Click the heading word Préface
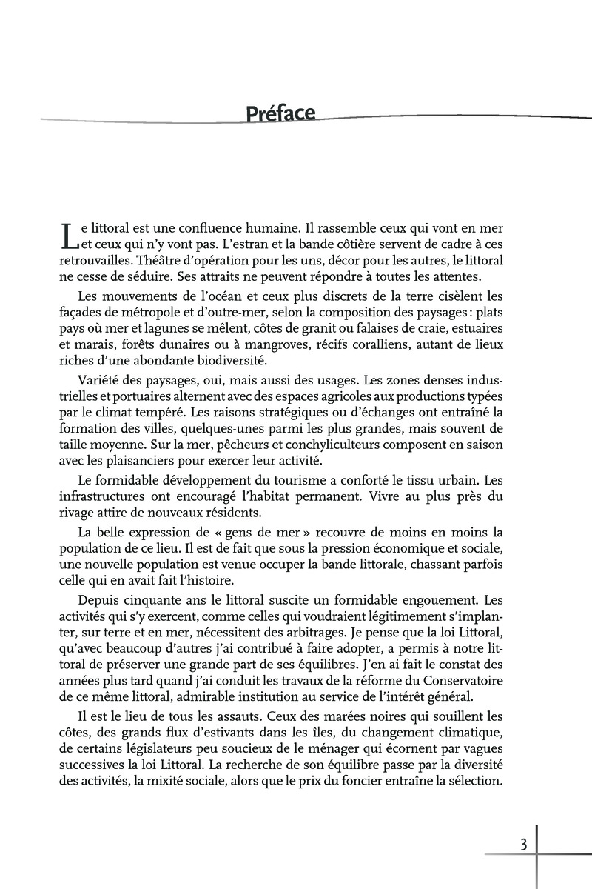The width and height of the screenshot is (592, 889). pyautogui.click(x=280, y=113)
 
